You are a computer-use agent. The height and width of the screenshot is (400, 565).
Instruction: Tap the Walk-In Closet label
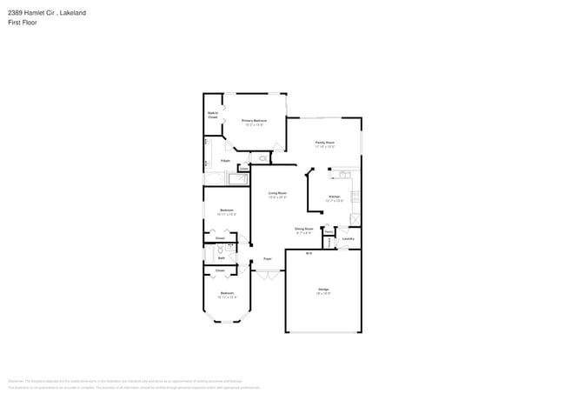click(212, 115)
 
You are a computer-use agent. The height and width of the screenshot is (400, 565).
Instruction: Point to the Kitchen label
click(335, 197)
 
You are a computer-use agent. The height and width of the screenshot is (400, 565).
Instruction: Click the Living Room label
click(277, 194)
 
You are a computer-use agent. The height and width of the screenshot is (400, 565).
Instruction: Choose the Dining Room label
click(304, 230)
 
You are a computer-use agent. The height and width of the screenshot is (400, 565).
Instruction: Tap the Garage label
click(323, 290)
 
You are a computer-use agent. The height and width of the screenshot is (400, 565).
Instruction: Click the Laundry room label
click(348, 238)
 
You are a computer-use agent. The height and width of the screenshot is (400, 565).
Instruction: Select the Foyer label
click(268, 259)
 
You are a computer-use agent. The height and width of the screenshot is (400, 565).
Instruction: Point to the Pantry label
click(328, 232)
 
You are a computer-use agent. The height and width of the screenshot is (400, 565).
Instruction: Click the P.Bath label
click(225, 161)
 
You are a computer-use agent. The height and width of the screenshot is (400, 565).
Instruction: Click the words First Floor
click(20, 22)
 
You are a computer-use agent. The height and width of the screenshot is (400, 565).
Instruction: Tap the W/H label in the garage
click(309, 254)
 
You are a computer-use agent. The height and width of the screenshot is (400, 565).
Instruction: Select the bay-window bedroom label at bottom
click(226, 294)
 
